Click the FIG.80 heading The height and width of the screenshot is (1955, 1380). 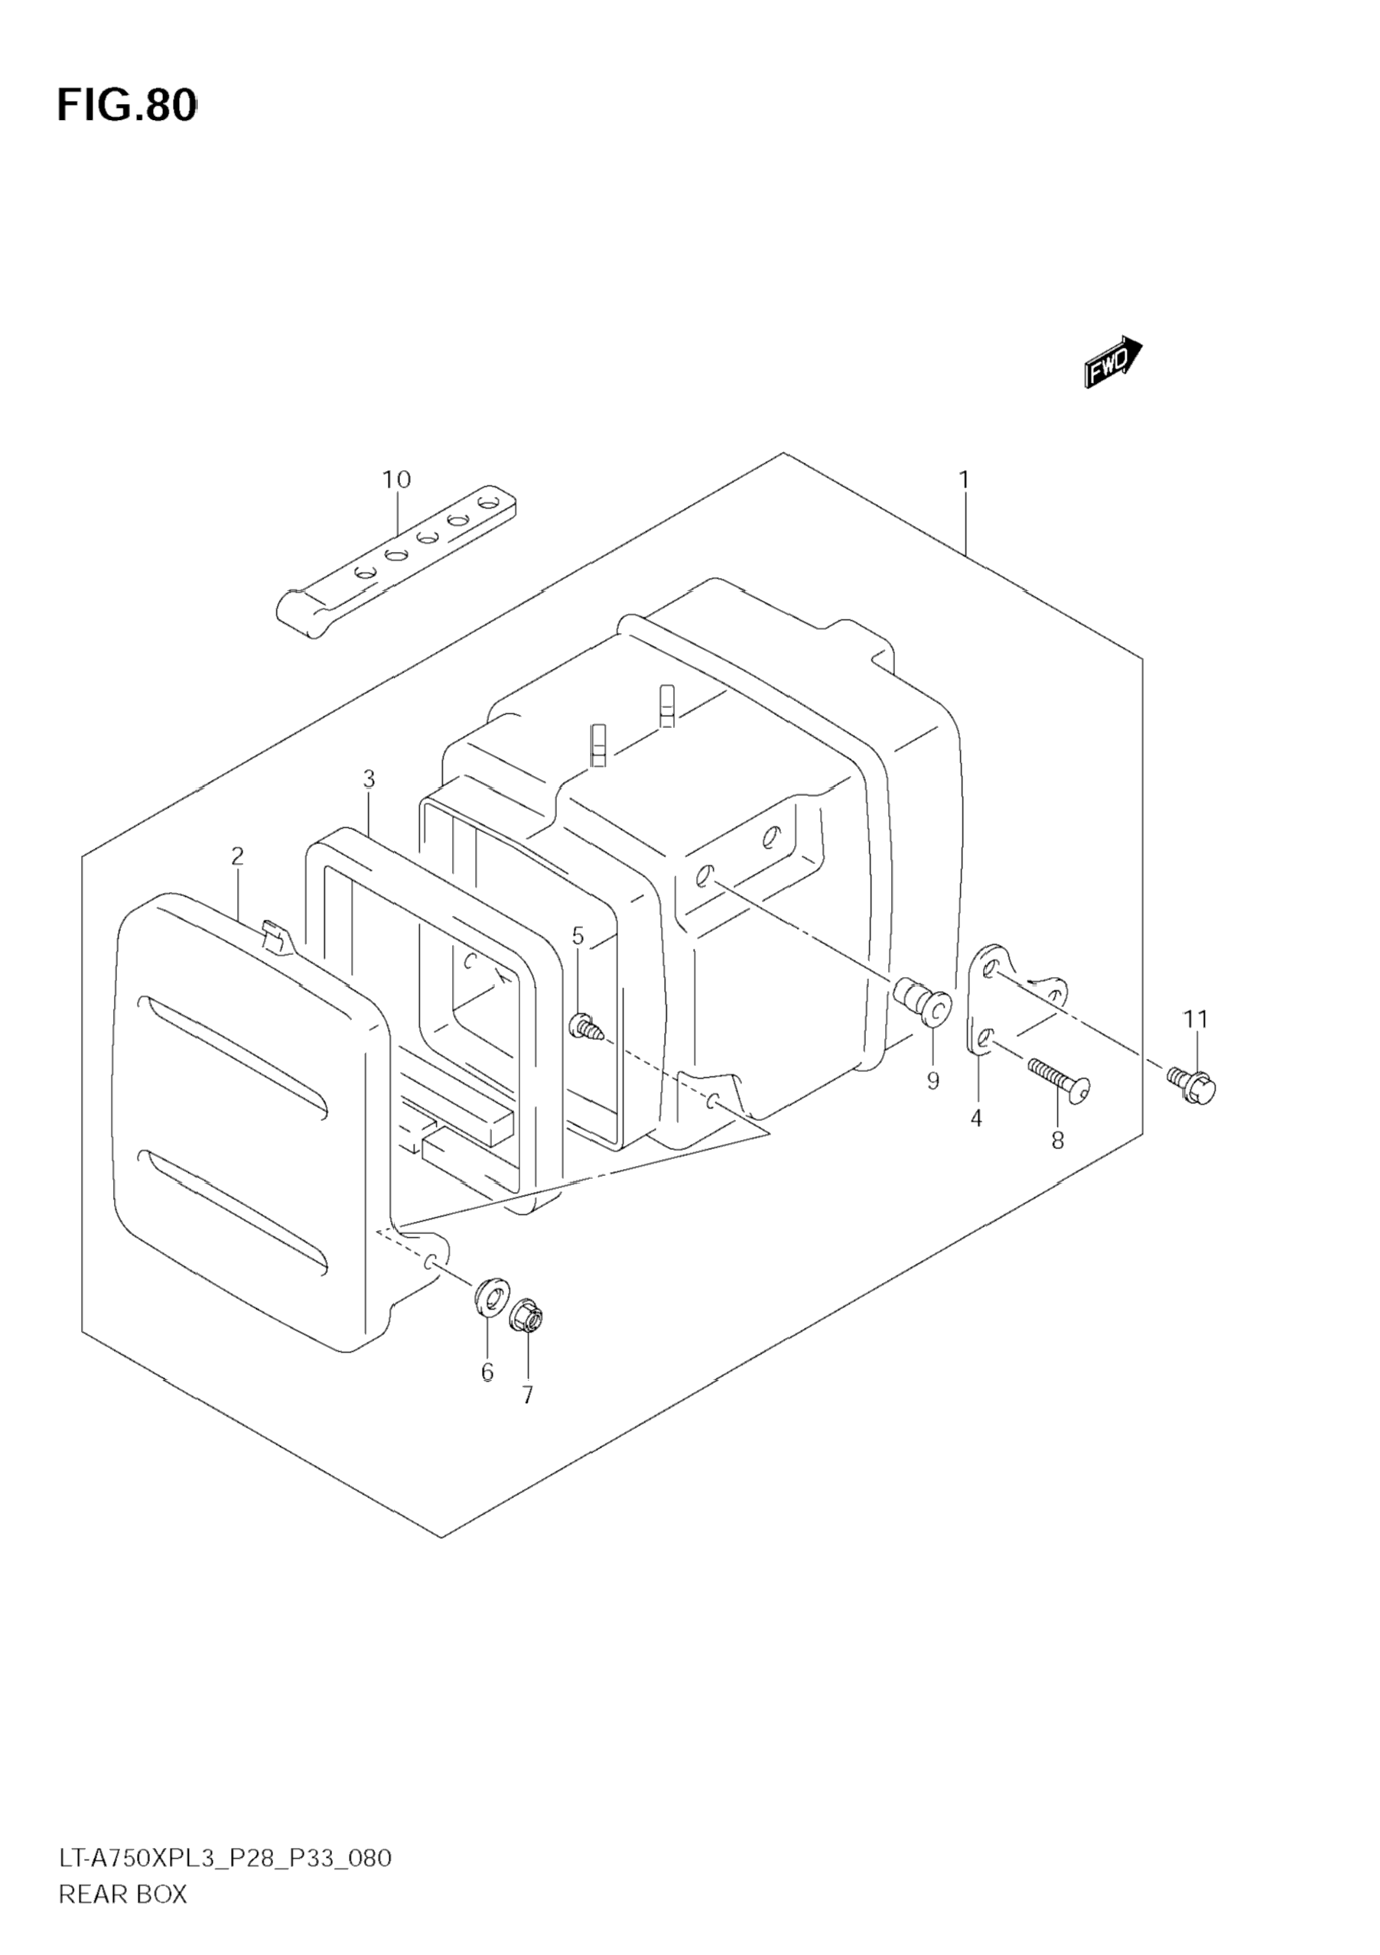tap(127, 106)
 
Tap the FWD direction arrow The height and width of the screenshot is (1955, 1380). tap(1112, 362)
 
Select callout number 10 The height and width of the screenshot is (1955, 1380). tap(396, 480)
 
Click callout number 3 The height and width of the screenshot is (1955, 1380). tap(368, 779)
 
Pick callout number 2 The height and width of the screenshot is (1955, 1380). tap(237, 856)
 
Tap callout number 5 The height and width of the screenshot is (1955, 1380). tap(578, 937)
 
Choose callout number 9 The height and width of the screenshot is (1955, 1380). tap(932, 1081)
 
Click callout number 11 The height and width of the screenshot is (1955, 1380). tap(1195, 1018)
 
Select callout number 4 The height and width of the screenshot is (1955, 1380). tap(976, 1118)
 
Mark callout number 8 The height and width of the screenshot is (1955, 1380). tap(1057, 1141)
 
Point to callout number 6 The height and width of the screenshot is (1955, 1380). tap(487, 1372)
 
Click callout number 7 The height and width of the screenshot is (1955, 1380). tap(527, 1395)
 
